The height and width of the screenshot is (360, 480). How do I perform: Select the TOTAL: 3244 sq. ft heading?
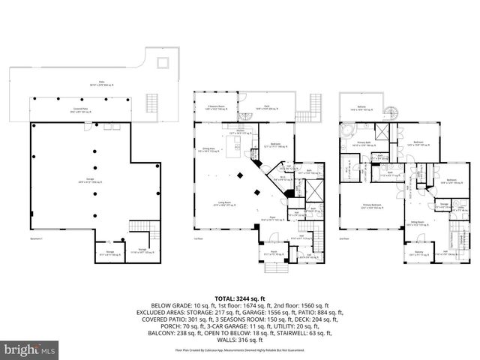pos(240,298)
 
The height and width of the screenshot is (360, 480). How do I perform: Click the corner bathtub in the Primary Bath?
pos(347,133)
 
